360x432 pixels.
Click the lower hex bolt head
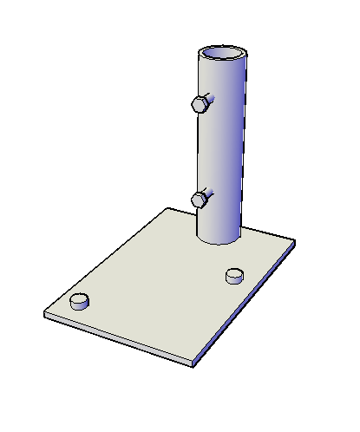pos(200,200)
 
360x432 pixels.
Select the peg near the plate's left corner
pos(80,302)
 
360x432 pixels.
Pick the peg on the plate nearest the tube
pos(234,276)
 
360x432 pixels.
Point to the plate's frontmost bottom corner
pos(192,363)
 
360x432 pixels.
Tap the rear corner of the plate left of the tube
pos(167,208)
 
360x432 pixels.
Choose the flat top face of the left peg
pos(80,298)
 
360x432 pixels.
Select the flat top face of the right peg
pos(234,273)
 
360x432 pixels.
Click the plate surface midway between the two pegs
pos(157,289)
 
